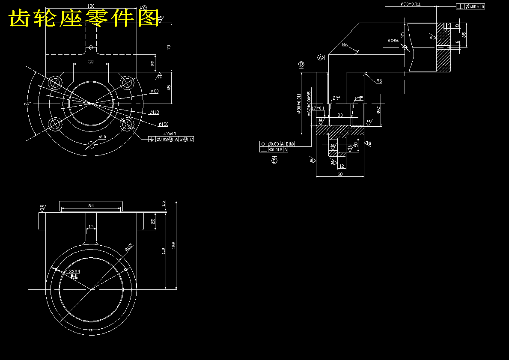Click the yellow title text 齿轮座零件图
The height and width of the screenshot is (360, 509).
click(x=84, y=18)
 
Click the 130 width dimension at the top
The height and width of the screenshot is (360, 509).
click(x=91, y=6)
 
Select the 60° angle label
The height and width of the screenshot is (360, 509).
click(x=28, y=104)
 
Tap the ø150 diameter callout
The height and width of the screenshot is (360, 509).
click(x=163, y=124)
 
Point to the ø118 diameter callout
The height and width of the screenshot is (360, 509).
click(x=154, y=112)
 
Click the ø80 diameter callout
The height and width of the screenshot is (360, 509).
click(x=154, y=91)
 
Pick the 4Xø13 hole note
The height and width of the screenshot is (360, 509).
click(x=170, y=134)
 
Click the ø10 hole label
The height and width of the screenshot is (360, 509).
click(x=102, y=137)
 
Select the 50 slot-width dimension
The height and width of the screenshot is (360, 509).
click(x=91, y=62)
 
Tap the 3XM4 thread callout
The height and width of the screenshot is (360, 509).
click(x=74, y=271)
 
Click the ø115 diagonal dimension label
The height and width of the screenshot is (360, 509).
click(x=129, y=247)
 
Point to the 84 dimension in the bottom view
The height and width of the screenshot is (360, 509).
click(x=91, y=206)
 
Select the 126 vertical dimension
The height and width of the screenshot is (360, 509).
click(x=173, y=245)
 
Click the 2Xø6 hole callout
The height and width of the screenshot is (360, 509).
click(x=393, y=41)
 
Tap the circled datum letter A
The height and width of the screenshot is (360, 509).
click(x=320, y=57)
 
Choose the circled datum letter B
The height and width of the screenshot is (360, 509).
click(x=301, y=64)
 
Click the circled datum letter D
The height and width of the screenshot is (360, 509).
click(x=274, y=161)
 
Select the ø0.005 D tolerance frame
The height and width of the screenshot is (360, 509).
click(x=471, y=6)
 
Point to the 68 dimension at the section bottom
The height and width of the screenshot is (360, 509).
click(x=340, y=174)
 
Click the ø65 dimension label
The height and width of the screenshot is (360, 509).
click(x=378, y=109)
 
